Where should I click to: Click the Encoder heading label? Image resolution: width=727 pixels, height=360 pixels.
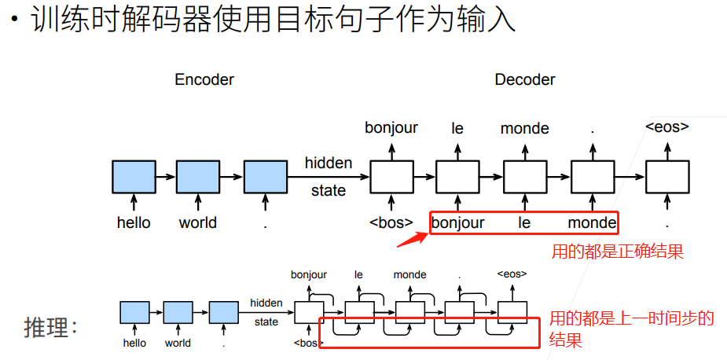click(x=204, y=79)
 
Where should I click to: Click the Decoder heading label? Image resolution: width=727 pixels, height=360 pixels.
click(x=525, y=79)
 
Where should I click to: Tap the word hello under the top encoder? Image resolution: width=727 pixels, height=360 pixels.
click(x=134, y=222)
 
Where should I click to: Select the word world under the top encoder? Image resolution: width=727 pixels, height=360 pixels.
click(x=197, y=222)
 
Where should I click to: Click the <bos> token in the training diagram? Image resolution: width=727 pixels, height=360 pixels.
click(x=391, y=222)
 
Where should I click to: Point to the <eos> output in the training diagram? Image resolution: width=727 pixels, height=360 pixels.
click(x=666, y=127)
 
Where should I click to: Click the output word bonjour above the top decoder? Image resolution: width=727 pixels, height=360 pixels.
click(x=391, y=127)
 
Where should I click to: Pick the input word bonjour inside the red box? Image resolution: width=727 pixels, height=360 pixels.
click(x=458, y=222)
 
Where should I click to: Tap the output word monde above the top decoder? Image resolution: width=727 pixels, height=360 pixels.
click(x=525, y=128)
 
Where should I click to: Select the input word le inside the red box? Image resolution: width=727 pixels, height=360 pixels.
click(x=524, y=222)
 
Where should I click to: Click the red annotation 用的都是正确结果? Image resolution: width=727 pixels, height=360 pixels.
click(x=617, y=252)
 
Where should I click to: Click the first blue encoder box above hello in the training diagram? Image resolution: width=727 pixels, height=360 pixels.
click(x=134, y=177)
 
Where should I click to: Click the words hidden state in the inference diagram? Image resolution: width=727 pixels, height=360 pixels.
click(x=266, y=312)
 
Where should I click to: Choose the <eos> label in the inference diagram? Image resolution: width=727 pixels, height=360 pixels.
click(x=512, y=274)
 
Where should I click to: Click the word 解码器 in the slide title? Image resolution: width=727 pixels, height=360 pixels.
click(x=187, y=20)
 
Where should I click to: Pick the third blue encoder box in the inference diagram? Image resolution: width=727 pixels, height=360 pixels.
click(x=223, y=312)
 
